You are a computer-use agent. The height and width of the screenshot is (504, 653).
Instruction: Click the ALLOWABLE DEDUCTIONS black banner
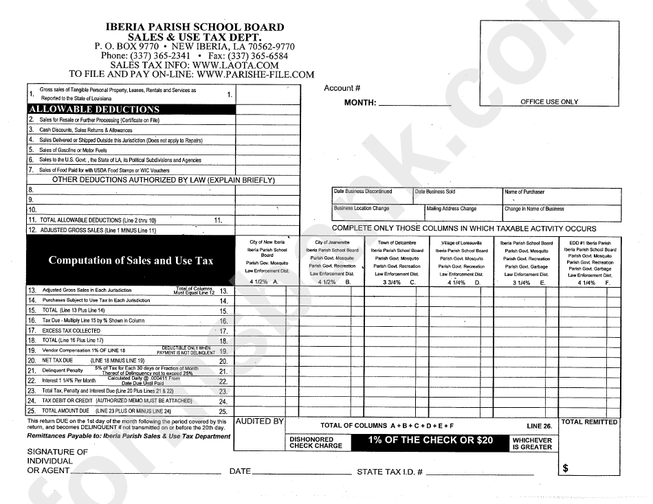click(131, 109)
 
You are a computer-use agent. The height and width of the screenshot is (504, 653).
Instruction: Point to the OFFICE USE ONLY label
click(549, 102)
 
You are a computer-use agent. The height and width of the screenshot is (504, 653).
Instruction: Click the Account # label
click(342, 88)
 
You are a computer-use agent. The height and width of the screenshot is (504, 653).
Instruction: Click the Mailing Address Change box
click(462, 211)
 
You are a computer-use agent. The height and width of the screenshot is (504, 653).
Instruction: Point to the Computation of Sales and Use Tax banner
click(131, 261)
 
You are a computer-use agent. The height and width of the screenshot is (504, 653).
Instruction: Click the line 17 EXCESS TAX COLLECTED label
click(71, 330)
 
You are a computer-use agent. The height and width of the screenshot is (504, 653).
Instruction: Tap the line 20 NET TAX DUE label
click(57, 360)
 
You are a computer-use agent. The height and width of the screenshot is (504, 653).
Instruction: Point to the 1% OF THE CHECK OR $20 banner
click(430, 440)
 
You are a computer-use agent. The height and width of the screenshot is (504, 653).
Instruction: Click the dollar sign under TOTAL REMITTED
click(566, 468)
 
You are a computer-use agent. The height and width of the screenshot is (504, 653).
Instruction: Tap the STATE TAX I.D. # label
click(389, 472)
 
